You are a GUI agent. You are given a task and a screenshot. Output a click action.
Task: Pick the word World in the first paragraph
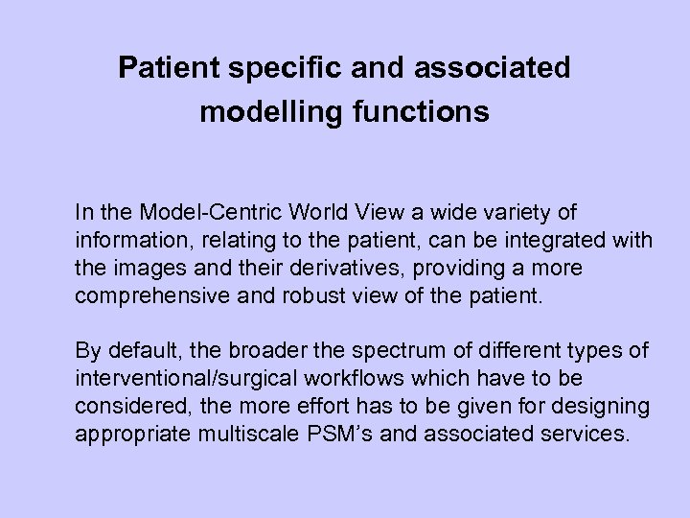pos(289,210)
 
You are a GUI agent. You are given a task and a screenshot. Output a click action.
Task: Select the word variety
pos(486,210)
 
